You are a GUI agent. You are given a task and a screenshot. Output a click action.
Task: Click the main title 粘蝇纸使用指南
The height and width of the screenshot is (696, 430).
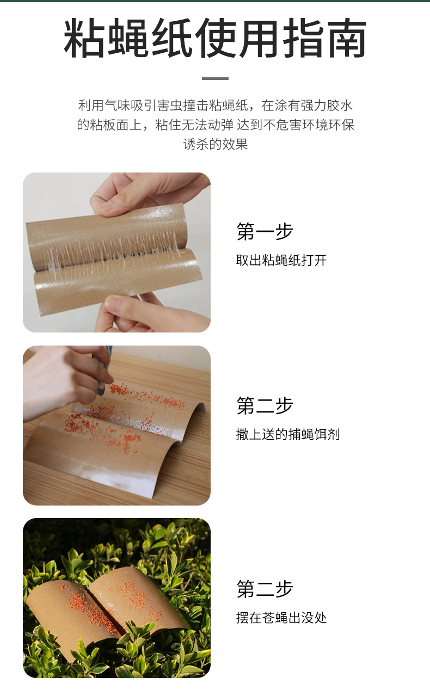coord(215,38)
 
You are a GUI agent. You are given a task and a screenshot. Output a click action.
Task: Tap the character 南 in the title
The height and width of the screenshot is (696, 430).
coord(347,38)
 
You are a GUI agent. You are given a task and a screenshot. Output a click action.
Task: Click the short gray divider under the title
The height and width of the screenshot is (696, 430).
coord(215,78)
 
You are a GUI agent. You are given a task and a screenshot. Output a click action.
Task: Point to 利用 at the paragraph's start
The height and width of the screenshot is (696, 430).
coord(91,106)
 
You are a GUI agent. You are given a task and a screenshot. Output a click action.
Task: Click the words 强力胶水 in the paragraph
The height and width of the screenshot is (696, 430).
coord(326,106)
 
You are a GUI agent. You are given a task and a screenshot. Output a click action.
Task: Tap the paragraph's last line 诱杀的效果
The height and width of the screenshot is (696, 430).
coord(216,144)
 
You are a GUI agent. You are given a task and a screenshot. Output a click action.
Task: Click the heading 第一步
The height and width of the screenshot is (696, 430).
coord(265,231)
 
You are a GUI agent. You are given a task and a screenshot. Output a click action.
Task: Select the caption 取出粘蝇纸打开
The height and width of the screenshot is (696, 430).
coord(281,260)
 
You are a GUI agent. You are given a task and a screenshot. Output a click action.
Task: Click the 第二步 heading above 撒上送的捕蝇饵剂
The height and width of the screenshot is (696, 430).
coord(265,405)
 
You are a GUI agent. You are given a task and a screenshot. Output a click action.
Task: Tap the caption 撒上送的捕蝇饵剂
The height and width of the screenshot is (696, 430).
coord(288,434)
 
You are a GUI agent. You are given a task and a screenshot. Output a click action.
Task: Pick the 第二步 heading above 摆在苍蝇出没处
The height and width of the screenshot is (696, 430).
coord(265,589)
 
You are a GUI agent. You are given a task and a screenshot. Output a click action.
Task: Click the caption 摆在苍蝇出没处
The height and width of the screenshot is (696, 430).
coord(281,618)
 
